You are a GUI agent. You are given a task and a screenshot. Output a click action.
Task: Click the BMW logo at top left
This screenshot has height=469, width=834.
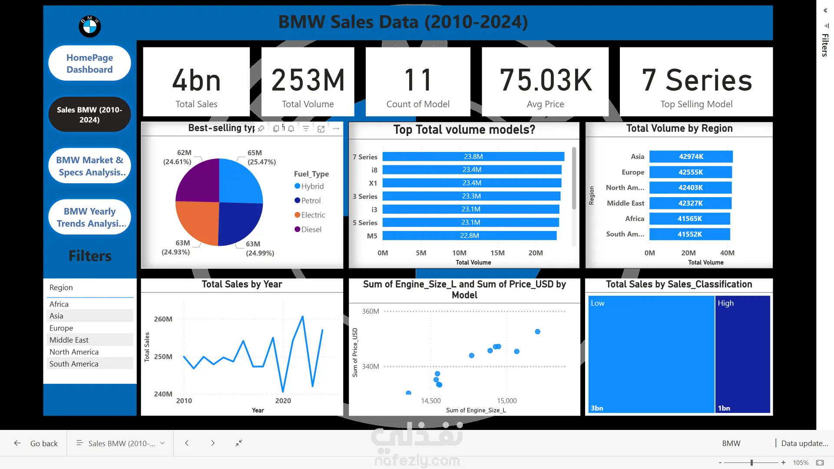89,26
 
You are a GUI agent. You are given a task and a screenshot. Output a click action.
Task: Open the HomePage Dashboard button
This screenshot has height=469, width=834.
89,63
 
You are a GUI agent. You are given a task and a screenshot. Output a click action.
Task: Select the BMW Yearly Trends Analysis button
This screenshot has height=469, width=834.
89,217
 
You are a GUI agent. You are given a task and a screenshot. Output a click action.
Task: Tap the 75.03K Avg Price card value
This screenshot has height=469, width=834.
545,80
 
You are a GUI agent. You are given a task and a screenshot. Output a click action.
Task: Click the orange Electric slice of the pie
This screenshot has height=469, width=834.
198,221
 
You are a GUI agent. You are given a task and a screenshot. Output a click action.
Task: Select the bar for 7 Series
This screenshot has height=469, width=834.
473,157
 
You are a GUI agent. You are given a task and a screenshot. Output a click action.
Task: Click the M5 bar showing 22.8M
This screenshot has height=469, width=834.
469,236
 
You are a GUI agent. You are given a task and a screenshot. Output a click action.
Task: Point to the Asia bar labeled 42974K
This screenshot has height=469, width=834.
691,157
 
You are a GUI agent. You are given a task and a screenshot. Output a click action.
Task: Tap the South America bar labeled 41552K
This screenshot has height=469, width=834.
689,234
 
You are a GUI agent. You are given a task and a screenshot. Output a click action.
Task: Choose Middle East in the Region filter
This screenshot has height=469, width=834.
69,340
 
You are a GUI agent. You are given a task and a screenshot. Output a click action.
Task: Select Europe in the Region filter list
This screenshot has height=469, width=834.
61,328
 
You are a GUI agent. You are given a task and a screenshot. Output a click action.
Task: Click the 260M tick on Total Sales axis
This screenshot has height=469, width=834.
163,319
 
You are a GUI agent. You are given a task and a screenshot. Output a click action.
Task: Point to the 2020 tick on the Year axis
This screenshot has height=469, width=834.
283,401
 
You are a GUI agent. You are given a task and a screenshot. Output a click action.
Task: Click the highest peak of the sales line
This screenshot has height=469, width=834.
303,317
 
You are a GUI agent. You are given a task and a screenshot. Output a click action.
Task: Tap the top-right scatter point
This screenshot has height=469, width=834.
538,332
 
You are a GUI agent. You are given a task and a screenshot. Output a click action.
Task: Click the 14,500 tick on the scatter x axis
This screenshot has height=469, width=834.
431,401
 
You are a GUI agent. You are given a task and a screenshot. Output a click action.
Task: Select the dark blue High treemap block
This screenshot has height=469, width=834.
742,354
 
